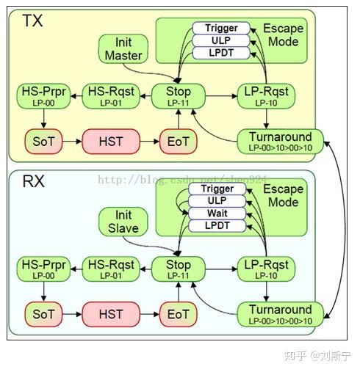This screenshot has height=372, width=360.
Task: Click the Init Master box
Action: click(123, 48)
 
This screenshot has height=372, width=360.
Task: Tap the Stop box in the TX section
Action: click(179, 95)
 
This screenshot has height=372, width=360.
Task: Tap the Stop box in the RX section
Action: click(179, 269)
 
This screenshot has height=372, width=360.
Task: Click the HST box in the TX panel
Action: click(110, 140)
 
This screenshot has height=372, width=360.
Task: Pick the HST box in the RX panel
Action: click(110, 314)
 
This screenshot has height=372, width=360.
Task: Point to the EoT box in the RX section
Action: click(179, 314)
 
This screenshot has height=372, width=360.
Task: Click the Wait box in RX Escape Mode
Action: click(217, 213)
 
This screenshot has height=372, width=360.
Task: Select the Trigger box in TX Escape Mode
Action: click(221, 28)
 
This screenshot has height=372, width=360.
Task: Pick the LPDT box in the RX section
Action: click(217, 225)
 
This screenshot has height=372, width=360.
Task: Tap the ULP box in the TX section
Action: click(221, 40)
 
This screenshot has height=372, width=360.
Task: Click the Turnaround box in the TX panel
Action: click(280, 140)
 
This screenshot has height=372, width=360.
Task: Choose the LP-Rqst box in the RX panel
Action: click(264, 269)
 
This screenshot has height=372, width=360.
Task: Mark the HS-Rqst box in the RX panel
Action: click(111, 269)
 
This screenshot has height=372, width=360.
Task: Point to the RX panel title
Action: click(32, 181)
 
